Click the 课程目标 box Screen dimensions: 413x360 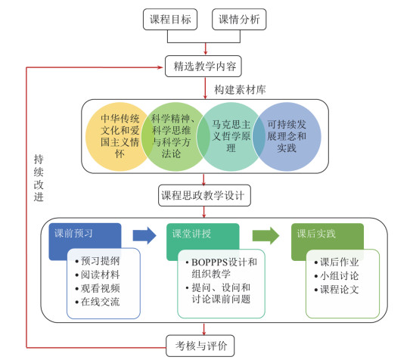[x=170, y=19]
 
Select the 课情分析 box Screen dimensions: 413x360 [x=239, y=19]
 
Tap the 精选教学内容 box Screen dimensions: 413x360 [x=203, y=66]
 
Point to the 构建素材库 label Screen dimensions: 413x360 [x=240, y=90]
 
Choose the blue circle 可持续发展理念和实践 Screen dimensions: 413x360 [x=287, y=137]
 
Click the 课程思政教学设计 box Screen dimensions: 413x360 [x=204, y=195]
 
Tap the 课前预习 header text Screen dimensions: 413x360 [x=73, y=234]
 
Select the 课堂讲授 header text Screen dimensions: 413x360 [x=191, y=234]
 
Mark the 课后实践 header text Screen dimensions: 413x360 [x=316, y=234]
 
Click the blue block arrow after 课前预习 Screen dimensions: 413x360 [x=144, y=235]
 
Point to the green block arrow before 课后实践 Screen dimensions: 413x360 [x=265, y=235]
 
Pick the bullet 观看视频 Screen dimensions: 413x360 [x=98, y=288]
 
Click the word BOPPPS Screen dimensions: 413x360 [x=210, y=262]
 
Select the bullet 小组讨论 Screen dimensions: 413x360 [x=337, y=276]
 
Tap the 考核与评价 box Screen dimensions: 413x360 [x=200, y=346]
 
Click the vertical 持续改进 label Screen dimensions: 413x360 [x=39, y=178]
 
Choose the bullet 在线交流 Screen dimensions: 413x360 [x=98, y=302]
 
